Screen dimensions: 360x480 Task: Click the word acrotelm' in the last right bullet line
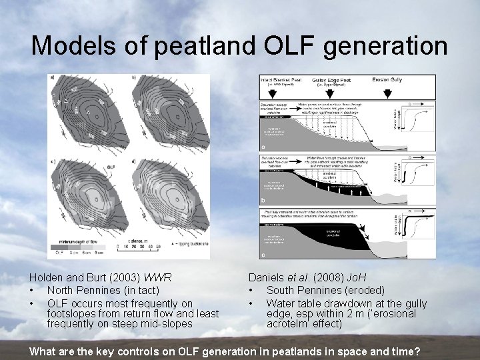click(290, 325)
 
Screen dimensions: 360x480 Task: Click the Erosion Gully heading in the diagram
click(390, 79)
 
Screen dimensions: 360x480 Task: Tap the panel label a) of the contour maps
click(53, 78)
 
